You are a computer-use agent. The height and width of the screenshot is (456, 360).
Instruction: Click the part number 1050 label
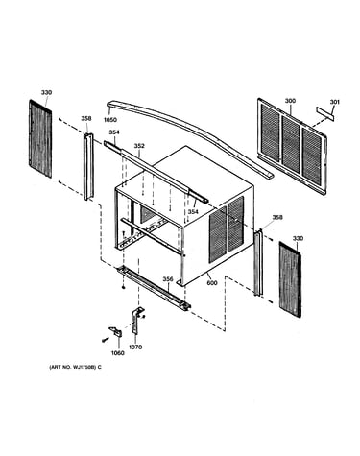(x=109, y=120)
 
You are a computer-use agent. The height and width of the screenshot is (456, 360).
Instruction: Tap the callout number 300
(x=290, y=101)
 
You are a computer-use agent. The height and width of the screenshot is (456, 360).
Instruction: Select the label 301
(x=335, y=102)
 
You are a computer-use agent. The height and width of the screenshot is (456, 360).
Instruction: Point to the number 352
(x=139, y=146)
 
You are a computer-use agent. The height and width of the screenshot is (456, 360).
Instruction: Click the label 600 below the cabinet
(x=212, y=283)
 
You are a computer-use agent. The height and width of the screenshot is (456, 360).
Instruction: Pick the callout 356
(x=168, y=279)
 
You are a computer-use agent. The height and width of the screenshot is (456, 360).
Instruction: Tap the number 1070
(x=135, y=347)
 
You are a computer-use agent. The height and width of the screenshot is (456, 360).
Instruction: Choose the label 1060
(x=117, y=353)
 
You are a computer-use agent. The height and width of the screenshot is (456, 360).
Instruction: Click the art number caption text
(x=75, y=367)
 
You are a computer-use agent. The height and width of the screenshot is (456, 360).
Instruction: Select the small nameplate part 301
(x=325, y=114)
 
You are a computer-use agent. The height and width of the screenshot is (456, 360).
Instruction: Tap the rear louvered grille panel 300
(x=292, y=146)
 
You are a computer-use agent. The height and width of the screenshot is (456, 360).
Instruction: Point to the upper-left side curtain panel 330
(x=40, y=138)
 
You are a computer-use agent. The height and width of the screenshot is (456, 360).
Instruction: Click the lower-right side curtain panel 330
(x=290, y=279)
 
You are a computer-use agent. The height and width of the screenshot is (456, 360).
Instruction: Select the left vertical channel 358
(x=88, y=166)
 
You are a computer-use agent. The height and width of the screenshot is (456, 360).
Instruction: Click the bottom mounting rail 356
(x=155, y=288)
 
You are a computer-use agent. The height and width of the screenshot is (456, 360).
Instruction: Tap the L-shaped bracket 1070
(x=137, y=321)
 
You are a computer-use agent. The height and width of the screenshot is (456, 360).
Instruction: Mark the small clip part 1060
(x=116, y=331)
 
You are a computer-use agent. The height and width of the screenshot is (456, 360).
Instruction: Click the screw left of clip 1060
(x=104, y=340)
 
